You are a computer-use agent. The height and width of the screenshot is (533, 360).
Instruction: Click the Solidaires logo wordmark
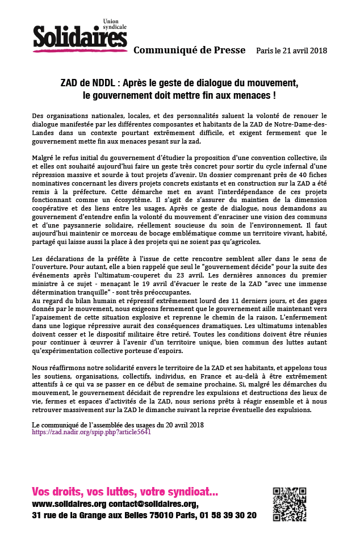[x=79, y=37]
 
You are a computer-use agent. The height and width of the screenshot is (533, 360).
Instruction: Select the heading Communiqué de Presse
[x=189, y=51]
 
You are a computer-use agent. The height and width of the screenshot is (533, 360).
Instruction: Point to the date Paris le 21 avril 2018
[x=291, y=51]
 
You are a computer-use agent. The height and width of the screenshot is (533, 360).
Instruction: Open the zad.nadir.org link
[x=91, y=432]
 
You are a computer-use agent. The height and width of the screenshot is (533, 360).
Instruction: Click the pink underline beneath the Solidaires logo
[x=79, y=51]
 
